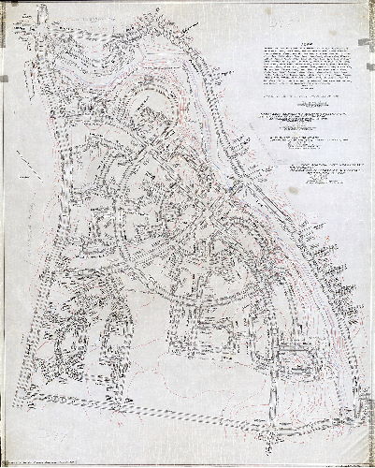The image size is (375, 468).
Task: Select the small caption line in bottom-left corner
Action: click(56, 457)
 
